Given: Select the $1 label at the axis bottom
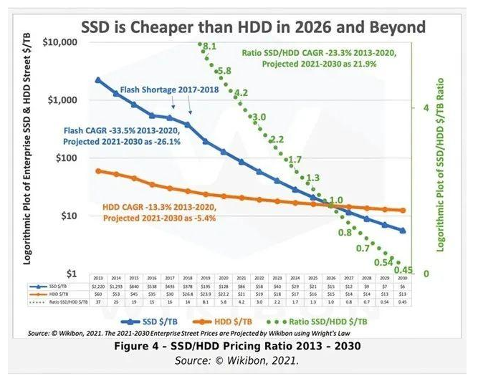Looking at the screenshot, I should pyautogui.click(x=80, y=274).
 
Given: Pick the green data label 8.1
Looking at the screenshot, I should pyautogui.click(x=209, y=47).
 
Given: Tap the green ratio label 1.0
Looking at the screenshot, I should pyautogui.click(x=335, y=200).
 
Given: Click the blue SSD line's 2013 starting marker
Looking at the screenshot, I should pyautogui.click(x=98, y=80).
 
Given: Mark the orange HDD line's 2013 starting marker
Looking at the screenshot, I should pyautogui.click(x=98, y=171).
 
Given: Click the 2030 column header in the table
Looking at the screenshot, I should pyautogui.click(x=403, y=277).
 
